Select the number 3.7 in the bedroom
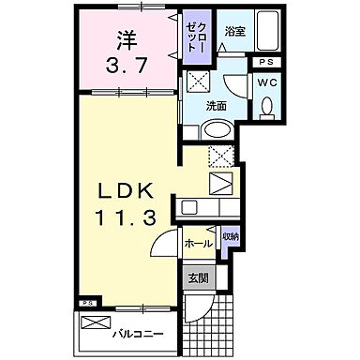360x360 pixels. pyautogui.click(x=126, y=67)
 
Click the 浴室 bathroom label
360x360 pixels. pyautogui.click(x=235, y=31)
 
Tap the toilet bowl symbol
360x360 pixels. pyautogui.click(x=266, y=107)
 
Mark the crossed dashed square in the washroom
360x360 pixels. pyautogui.click(x=199, y=82)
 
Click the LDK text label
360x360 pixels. pyautogui.click(x=124, y=189)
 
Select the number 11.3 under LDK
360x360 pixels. pyautogui.click(x=124, y=216)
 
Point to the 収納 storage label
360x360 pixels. pyautogui.click(x=231, y=237)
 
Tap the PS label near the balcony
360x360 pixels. pyautogui.click(x=87, y=303)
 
